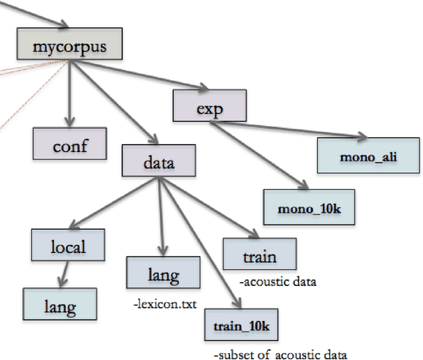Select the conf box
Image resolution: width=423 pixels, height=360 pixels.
70,143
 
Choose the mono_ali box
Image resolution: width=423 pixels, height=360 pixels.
368,157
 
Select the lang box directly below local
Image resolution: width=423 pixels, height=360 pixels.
59,306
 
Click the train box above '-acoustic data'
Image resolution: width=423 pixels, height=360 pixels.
258,256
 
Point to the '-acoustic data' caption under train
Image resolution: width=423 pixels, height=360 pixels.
277,282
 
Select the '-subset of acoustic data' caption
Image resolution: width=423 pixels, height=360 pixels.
280,354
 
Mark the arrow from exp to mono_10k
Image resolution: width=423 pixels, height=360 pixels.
258,153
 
